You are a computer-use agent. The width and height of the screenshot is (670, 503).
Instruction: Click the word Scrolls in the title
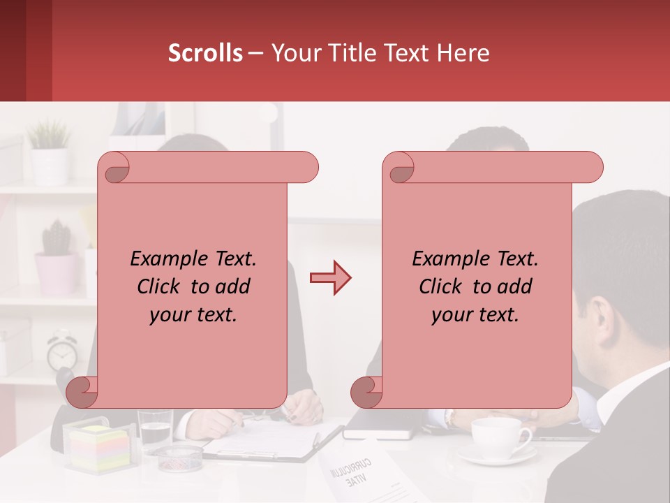tap(205, 53)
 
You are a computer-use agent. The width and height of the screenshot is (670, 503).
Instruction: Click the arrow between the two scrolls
tap(330, 278)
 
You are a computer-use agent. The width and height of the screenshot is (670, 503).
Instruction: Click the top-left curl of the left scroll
tap(114, 167)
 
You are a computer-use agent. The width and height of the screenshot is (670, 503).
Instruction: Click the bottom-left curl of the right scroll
tap(366, 392)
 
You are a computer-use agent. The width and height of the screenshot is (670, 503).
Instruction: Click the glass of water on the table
tap(154, 429)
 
